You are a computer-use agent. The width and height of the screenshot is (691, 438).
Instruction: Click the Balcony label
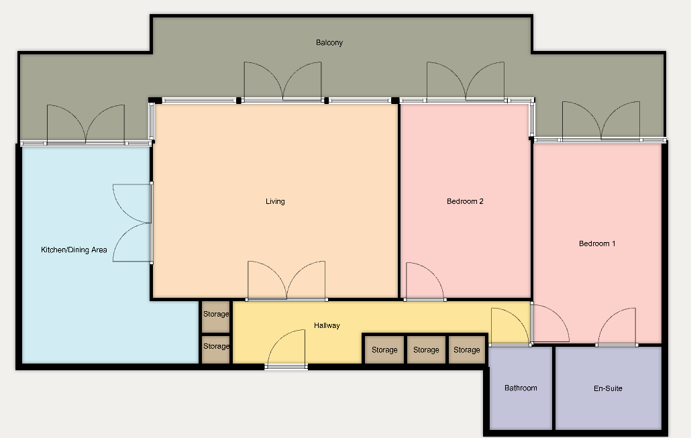(x=329, y=43)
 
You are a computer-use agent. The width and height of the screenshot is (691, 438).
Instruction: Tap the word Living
(x=275, y=201)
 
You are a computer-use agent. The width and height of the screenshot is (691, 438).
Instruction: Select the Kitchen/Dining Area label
(x=74, y=250)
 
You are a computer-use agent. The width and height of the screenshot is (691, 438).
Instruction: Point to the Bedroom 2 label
(x=465, y=201)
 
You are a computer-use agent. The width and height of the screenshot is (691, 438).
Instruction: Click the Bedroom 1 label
(x=597, y=243)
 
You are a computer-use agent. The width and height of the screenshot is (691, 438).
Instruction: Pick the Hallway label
(x=327, y=325)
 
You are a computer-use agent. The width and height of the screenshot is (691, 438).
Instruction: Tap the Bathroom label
(x=521, y=388)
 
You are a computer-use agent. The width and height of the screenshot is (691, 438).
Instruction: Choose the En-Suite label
(x=608, y=388)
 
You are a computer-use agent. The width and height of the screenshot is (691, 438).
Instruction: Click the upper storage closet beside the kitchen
(x=216, y=317)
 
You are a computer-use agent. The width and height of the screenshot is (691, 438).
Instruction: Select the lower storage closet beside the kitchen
(x=216, y=349)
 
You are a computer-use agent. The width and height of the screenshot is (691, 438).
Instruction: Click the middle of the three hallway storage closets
(x=426, y=350)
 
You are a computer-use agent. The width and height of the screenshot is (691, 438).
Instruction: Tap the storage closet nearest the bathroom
(x=467, y=350)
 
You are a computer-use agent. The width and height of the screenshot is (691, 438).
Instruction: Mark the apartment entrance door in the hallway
(x=286, y=348)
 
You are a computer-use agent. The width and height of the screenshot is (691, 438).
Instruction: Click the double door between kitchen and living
(x=133, y=223)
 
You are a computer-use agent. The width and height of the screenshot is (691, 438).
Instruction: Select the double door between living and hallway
(x=286, y=280)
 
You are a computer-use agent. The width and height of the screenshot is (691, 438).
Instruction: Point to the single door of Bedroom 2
(x=425, y=282)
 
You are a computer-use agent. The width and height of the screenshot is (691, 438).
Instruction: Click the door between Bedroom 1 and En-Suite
(x=617, y=327)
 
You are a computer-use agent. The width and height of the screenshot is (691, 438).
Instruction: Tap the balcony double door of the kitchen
(x=86, y=125)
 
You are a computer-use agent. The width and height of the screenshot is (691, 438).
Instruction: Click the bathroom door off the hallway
(x=511, y=327)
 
